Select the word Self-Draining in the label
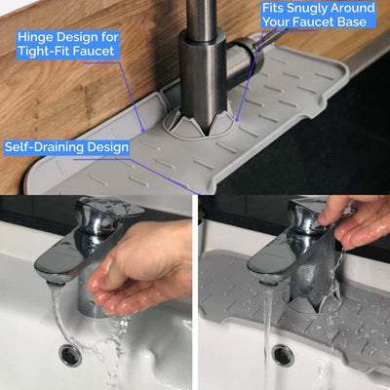41,147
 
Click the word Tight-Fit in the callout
42,52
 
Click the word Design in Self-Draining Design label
104,148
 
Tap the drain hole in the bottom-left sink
70,355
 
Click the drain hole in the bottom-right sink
284,355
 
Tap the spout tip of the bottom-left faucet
56,280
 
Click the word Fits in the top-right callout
273,8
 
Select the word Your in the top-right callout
276,22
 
